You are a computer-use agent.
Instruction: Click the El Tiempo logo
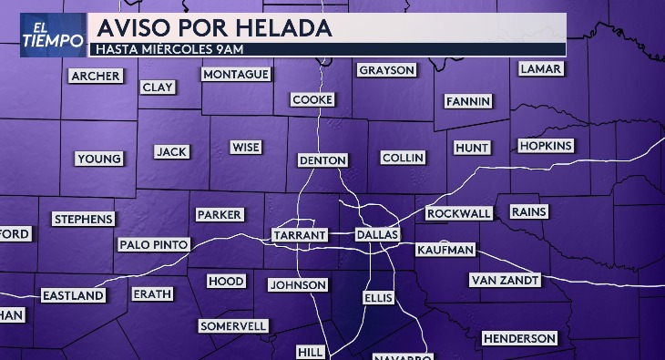pyautogui.click(x=43, y=34)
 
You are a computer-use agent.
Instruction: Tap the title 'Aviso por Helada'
pyautogui.click(x=213, y=27)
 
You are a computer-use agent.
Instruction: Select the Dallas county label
pyautogui.click(x=377, y=235)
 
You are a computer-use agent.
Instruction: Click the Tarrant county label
pyautogui.click(x=299, y=235)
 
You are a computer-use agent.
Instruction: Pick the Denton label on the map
pyautogui.click(x=322, y=160)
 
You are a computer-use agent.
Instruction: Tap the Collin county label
pyautogui.click(x=403, y=158)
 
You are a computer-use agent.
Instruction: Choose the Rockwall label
pyautogui.click(x=459, y=213)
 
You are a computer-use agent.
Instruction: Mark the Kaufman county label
pyautogui.click(x=445, y=250)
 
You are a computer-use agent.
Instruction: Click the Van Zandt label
pyautogui.click(x=505, y=280)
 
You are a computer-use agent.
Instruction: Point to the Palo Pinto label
pyautogui.click(x=154, y=244)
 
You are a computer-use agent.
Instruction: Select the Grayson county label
pyautogui.click(x=386, y=70)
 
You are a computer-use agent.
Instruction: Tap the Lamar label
pyautogui.click(x=540, y=68)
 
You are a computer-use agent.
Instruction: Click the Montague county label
pyautogui.click(x=235, y=74)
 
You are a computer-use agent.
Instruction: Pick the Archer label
pyautogui.click(x=95, y=76)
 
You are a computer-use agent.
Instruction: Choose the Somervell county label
pyautogui.click(x=233, y=325)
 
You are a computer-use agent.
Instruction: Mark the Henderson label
pyautogui.click(x=518, y=338)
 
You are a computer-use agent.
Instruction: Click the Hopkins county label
pyautogui.click(x=545, y=145)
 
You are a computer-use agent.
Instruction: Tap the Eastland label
pyautogui.click(x=73, y=295)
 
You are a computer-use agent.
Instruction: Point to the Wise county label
pyautogui.click(x=245, y=147)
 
